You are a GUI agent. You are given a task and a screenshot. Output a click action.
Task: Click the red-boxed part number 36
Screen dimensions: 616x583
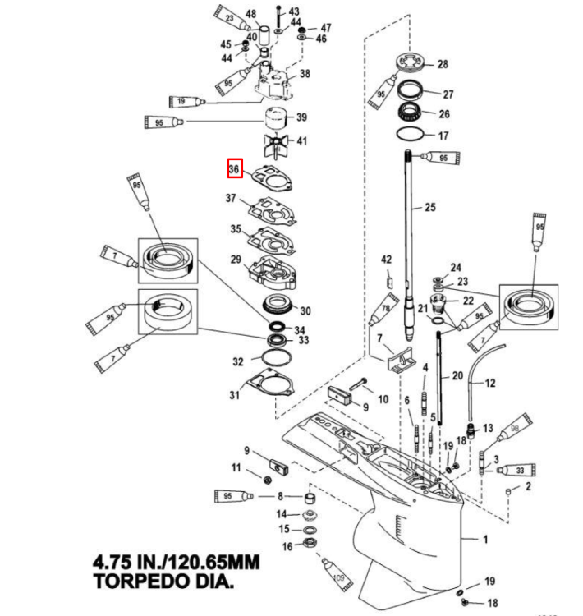point(235,168)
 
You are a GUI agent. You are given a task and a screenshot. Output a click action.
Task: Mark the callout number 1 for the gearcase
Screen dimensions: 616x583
point(484,539)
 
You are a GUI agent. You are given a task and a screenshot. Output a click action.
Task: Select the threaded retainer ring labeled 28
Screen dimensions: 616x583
point(408,63)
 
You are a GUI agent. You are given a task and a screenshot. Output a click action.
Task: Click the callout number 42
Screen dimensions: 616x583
point(387,260)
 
